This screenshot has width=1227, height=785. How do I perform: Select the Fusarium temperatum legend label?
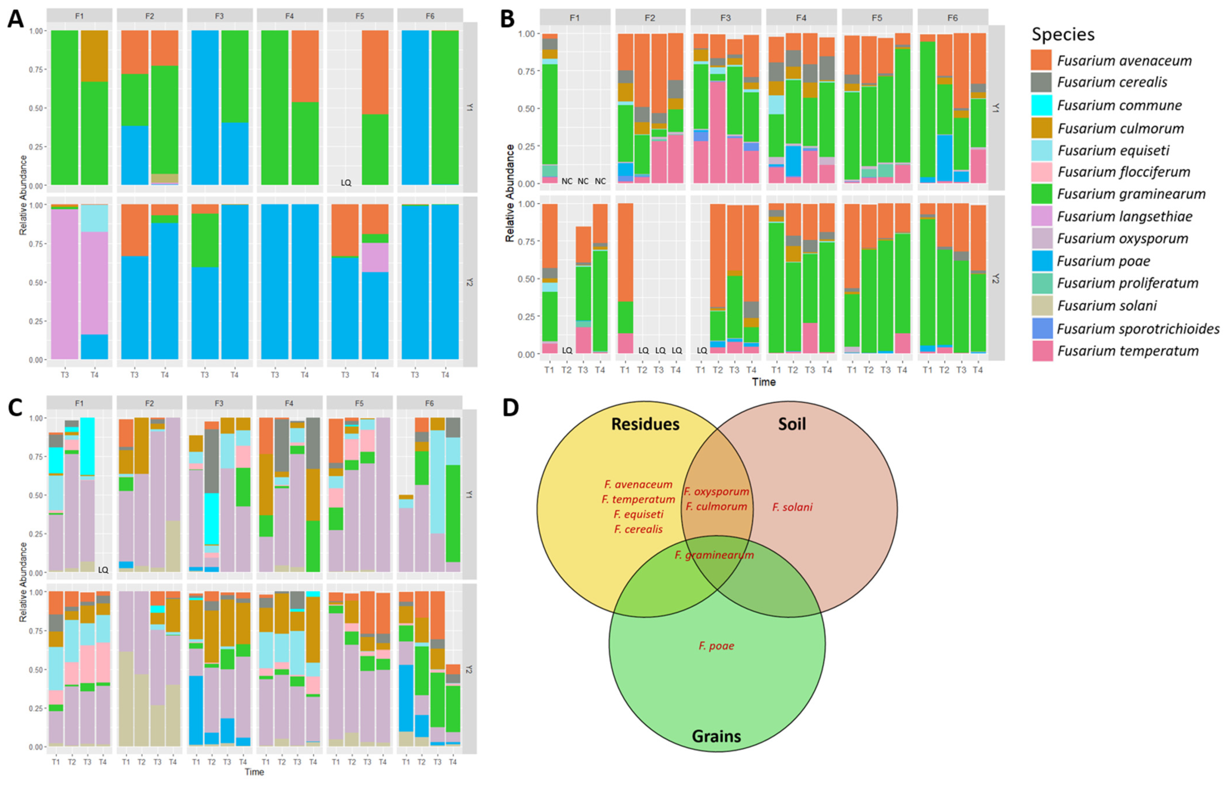click(x=1128, y=351)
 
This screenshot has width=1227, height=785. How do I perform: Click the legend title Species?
click(x=1063, y=34)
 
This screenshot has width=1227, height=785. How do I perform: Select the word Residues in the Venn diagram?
click(x=645, y=424)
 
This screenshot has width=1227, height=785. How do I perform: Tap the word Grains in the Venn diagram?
click(x=716, y=736)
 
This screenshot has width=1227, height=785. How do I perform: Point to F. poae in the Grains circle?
click(x=716, y=646)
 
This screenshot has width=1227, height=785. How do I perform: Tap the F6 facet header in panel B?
click(x=952, y=18)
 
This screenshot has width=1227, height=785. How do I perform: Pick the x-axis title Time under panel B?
click(x=763, y=382)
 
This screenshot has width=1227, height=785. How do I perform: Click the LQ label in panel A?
click(x=346, y=183)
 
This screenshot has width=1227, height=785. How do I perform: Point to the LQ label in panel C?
click(x=103, y=570)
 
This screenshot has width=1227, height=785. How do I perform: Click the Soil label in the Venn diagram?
click(x=792, y=424)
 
